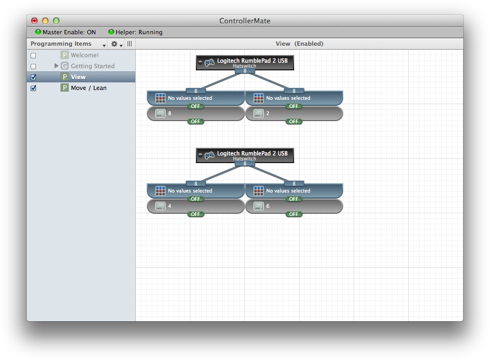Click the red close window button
coord(34,21)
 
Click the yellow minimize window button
coord(45,21)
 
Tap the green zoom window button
coord(56,21)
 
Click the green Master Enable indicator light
coord(38,32)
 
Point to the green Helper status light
coord(111,32)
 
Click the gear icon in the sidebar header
coord(115,44)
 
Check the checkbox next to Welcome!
coord(33,56)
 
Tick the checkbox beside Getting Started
coord(33,67)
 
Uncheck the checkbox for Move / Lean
coord(33,88)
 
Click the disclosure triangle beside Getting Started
coord(56,66)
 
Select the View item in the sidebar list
coord(78,77)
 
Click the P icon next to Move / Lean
coord(65,88)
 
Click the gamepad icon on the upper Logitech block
coord(210,63)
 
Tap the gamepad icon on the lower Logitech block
coord(210,155)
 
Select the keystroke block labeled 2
coord(294,113)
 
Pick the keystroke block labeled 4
coord(196,206)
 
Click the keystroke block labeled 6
coord(294,206)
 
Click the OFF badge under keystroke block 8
coord(196,122)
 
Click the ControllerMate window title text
coord(244,21)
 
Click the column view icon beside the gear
coord(130,44)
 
